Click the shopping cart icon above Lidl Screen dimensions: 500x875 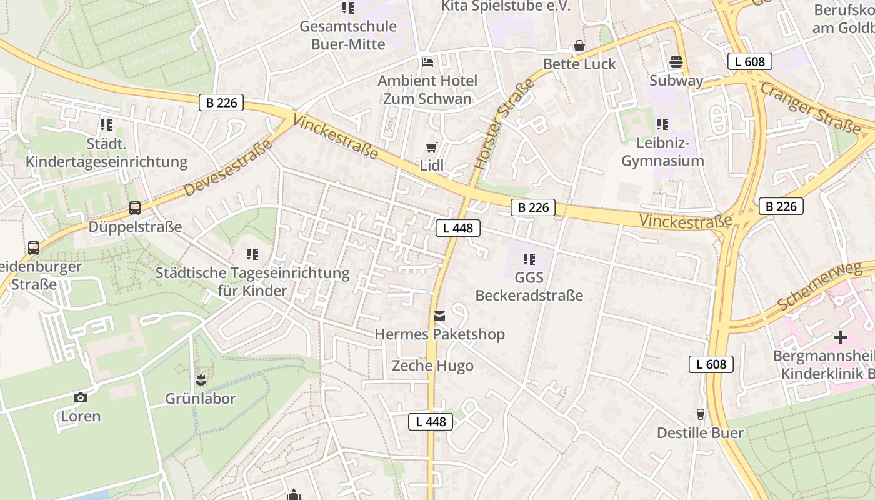coord(431,147)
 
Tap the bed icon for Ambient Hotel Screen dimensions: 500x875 coord(427,62)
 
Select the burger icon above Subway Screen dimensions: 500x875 coord(676,62)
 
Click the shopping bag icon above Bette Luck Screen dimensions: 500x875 coord(579,46)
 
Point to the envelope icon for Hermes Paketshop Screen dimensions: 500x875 coord(439,317)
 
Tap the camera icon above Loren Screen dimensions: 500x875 coord(80,397)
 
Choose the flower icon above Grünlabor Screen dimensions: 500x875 coord(201,380)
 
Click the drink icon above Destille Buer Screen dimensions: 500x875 coord(700,414)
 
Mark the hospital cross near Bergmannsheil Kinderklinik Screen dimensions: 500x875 coord(841,337)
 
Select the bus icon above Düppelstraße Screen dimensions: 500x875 coord(134,208)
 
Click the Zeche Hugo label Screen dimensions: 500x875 coord(432,366)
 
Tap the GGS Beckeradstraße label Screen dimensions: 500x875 coord(529,286)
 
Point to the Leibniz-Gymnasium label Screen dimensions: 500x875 coord(662,152)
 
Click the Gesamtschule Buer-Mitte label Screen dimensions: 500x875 coord(348,34)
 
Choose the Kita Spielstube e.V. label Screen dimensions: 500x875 coord(506,6)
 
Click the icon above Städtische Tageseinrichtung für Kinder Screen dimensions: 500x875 coord(252,254)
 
